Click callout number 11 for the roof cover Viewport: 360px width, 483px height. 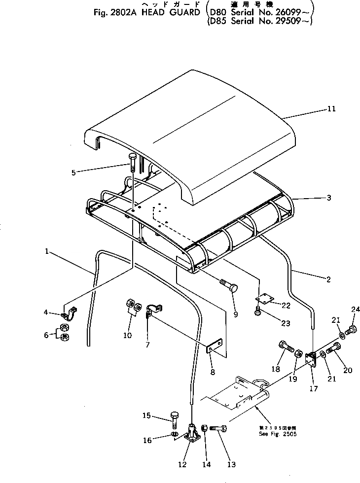(x=331, y=109)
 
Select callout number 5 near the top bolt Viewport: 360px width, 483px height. (x=73, y=172)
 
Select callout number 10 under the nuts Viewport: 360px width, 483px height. (x=127, y=336)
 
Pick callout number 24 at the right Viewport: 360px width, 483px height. (x=353, y=310)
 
